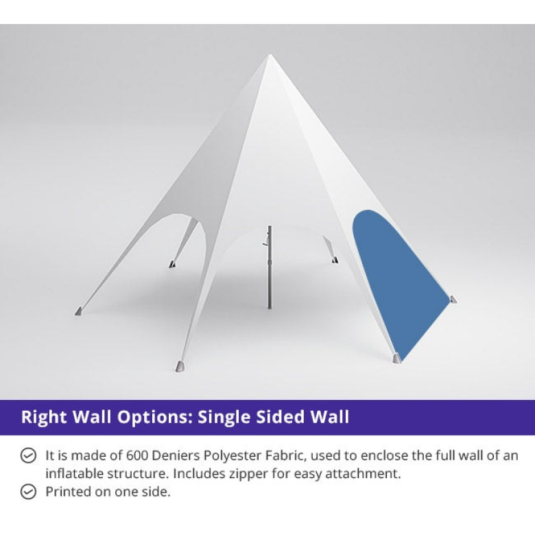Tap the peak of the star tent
click(270, 55)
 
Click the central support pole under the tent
click(270, 267)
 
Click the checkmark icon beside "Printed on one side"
click(28, 492)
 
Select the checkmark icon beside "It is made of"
click(28, 455)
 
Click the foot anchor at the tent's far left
click(78, 311)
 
